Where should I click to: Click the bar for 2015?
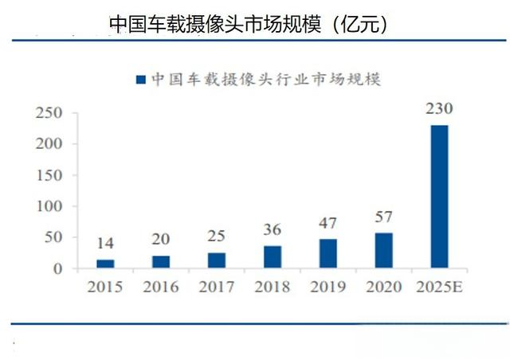[x=105, y=264]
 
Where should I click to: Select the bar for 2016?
[x=161, y=262]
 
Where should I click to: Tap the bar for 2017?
[x=217, y=260]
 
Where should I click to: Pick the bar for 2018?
[x=273, y=257]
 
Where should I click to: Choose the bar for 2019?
[x=328, y=253]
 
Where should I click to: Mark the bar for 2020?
[x=384, y=250]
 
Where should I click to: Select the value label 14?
[x=105, y=244]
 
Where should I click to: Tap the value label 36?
[x=273, y=230]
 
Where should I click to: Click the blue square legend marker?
[x=140, y=79]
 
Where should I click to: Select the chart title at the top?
[x=249, y=24]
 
